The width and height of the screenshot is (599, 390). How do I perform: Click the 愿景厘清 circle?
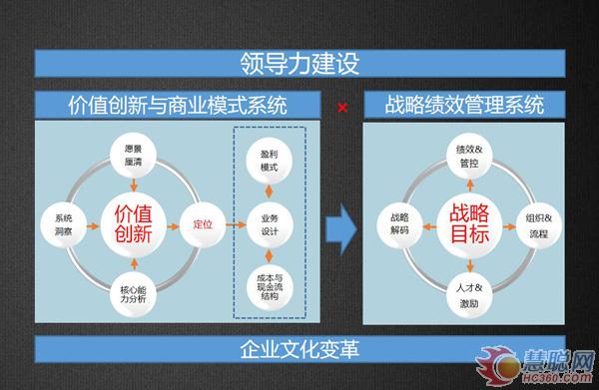pos(135,154)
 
